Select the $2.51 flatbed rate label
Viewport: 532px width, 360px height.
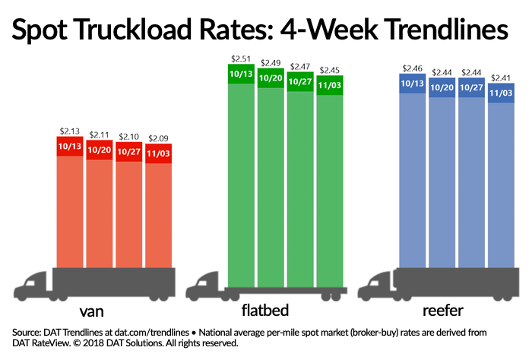[242, 56]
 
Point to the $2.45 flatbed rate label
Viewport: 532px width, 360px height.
[329, 68]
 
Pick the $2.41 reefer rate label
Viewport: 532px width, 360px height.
[501, 77]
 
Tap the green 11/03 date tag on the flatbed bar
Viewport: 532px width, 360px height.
[329, 84]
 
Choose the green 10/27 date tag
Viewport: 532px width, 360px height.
[300, 81]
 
